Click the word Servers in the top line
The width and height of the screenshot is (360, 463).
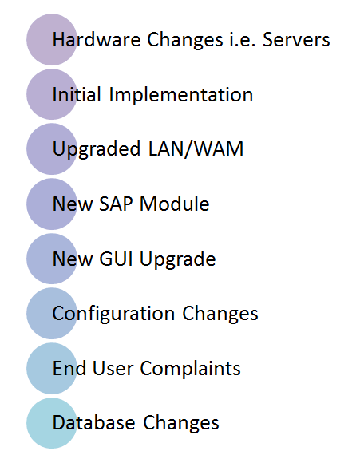[x=296, y=40]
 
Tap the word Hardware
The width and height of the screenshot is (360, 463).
[x=97, y=40]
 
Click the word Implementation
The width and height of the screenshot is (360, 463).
[x=181, y=95]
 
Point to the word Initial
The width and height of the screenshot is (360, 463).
[x=77, y=94]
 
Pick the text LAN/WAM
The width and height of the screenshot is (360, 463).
[x=196, y=148]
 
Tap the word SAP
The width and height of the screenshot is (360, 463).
[x=116, y=204]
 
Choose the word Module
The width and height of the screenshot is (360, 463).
[x=175, y=204]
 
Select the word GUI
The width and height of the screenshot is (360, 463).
[x=116, y=259]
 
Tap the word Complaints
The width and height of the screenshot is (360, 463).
[x=190, y=370]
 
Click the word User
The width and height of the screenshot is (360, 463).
[x=113, y=369]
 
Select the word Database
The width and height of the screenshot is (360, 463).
[x=94, y=422]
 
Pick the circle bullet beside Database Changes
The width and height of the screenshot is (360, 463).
[x=52, y=423]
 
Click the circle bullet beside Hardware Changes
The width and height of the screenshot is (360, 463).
[x=52, y=40]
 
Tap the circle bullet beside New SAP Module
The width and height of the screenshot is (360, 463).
[x=52, y=204]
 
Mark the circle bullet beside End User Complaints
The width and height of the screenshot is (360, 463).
[x=52, y=369]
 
